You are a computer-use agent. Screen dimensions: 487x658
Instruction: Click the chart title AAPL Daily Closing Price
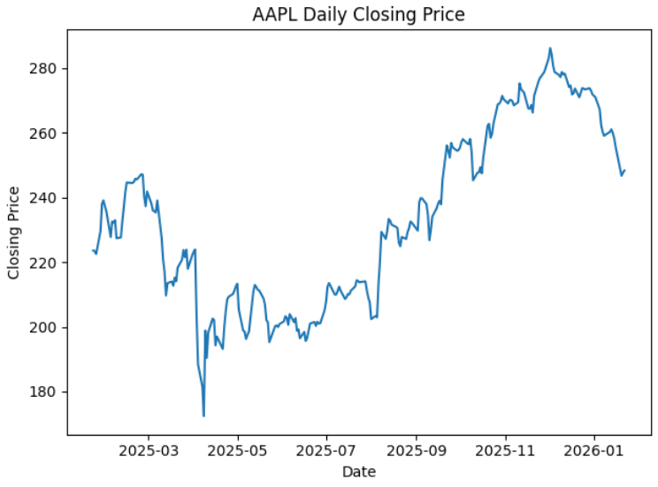357,14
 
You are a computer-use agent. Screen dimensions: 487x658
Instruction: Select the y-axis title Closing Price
14,233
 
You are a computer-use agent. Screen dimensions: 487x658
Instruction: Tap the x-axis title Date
358,472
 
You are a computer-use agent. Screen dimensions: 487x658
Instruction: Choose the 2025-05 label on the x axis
237,450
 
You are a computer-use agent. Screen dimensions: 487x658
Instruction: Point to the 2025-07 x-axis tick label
326,450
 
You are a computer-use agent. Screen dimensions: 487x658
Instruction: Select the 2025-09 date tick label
417,450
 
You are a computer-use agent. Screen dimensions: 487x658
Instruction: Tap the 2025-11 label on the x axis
506,450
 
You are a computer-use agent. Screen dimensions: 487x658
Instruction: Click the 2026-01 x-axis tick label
594,450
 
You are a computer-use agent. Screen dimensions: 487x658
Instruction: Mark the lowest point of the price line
203,415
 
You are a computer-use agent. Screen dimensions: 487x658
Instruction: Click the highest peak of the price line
550,49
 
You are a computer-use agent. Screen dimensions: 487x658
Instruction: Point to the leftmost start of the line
93,250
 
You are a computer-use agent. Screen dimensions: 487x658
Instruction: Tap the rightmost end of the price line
624,171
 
